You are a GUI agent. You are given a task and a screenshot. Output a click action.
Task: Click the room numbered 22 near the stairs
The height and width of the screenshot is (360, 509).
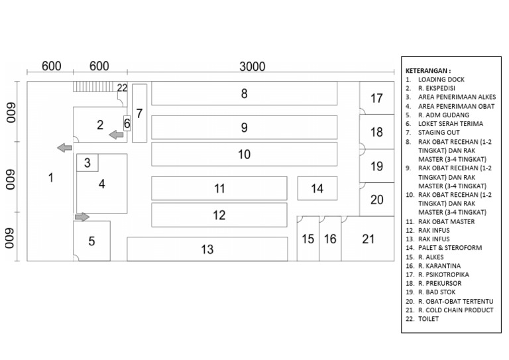(x=121, y=88)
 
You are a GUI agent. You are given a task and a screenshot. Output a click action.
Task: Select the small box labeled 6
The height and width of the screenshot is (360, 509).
(x=127, y=124)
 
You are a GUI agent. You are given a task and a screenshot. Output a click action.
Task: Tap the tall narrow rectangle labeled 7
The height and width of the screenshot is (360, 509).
(x=139, y=113)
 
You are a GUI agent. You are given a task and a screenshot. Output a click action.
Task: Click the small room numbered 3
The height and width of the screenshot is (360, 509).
(x=87, y=162)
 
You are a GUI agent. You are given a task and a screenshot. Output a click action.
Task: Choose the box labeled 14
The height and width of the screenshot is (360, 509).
(x=317, y=188)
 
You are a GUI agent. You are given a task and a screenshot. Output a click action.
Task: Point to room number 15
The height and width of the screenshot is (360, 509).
(x=308, y=239)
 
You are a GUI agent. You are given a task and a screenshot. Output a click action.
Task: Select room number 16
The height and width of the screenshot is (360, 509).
(x=330, y=239)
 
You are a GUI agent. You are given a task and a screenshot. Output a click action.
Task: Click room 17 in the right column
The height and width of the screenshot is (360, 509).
(x=376, y=98)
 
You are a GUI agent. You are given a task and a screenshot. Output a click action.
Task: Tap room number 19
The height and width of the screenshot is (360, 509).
(x=376, y=166)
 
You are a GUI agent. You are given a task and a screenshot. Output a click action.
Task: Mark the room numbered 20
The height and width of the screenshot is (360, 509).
(x=376, y=200)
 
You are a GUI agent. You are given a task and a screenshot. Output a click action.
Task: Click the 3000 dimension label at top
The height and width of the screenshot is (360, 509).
(x=252, y=66)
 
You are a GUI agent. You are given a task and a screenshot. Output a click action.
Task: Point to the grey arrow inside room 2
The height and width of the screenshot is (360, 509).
(x=116, y=135)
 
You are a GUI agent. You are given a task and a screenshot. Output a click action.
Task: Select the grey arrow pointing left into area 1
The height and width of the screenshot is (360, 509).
(x=64, y=147)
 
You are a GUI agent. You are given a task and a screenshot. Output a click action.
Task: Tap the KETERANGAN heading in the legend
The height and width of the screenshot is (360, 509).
(x=427, y=70)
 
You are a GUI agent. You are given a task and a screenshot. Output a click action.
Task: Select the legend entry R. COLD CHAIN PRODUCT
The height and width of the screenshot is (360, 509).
(x=455, y=310)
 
